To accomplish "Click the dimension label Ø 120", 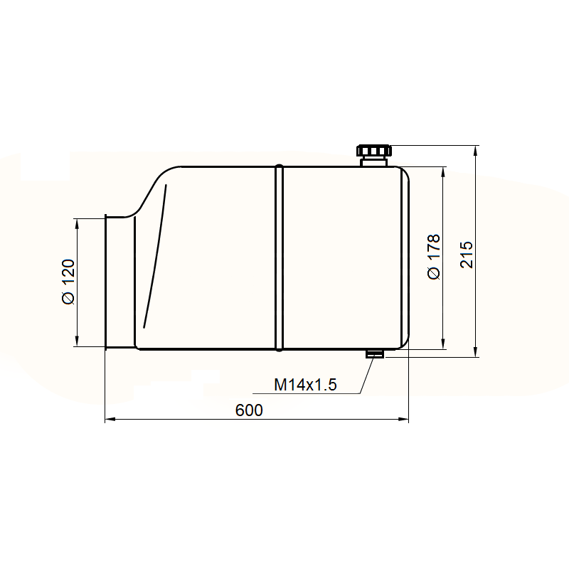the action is [68, 282].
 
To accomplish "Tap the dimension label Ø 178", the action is [434, 257].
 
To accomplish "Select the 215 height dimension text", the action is [467, 255].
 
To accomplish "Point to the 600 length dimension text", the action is [249, 410].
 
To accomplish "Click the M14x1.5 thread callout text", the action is [305, 385].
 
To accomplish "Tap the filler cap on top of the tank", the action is [374, 155].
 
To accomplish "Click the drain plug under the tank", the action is [375, 353].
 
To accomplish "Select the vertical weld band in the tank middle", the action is [279, 257].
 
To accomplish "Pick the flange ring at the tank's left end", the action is [106, 282].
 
